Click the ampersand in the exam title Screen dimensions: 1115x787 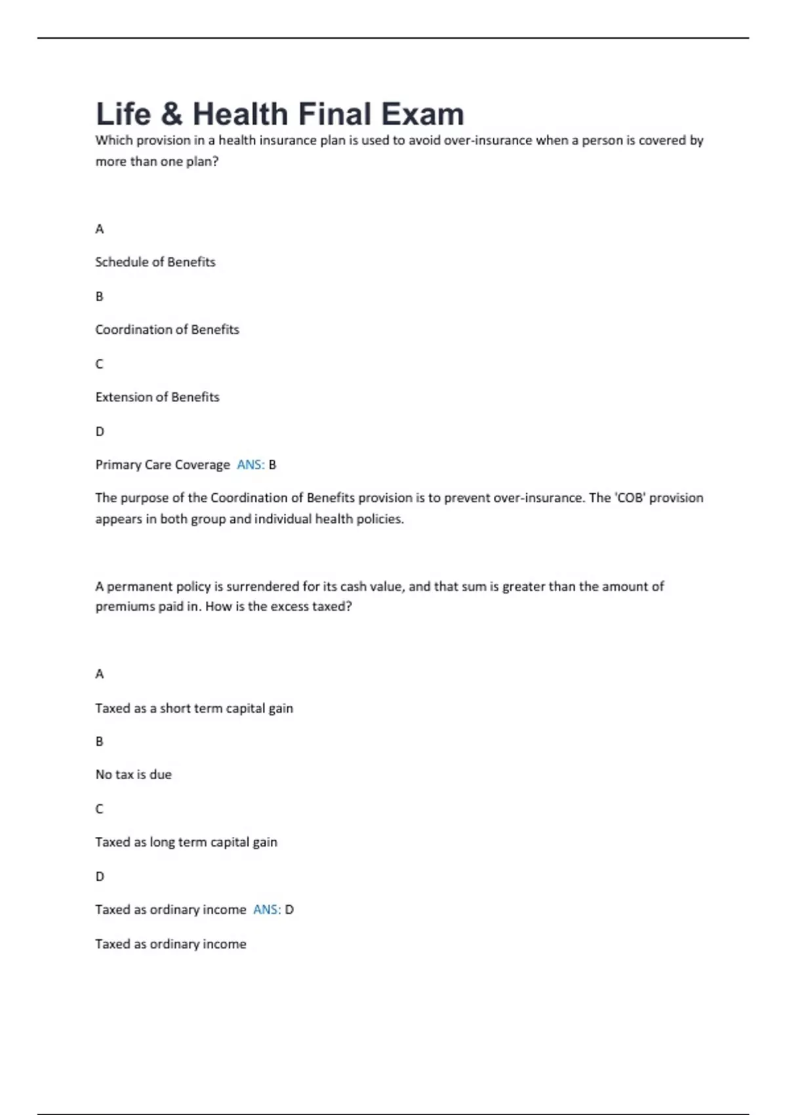pos(171,115)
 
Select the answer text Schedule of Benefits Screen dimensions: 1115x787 pos(155,262)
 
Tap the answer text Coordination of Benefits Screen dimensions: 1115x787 pos(167,330)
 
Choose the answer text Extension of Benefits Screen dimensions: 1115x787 pos(157,397)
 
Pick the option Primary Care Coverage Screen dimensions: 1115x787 pos(163,465)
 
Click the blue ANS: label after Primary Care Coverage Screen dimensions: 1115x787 pos(251,465)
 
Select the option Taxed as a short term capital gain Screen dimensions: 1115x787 pos(194,708)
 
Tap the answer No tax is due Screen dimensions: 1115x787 pos(134,775)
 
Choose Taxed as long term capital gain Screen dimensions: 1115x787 pos(186,842)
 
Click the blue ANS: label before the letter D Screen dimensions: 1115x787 pos(267,910)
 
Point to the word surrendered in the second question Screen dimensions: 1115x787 pos(262,586)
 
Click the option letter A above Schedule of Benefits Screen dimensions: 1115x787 pos(100,229)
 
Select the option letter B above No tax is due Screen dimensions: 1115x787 pos(100,741)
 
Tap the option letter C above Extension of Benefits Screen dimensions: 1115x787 pos(100,364)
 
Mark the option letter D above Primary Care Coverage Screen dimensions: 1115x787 pos(100,432)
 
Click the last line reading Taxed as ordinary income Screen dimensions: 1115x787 pos(171,944)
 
